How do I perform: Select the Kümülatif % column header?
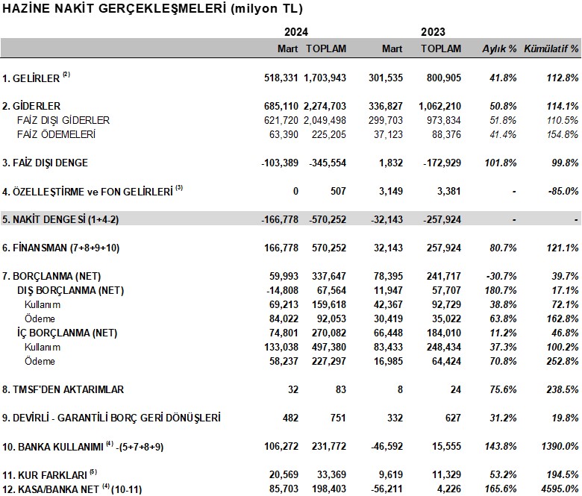(x=551, y=48)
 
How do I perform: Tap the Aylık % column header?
(x=499, y=48)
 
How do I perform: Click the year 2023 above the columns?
(x=433, y=32)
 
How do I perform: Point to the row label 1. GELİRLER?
(x=31, y=78)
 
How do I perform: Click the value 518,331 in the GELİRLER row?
(x=281, y=78)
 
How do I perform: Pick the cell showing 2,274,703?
(x=325, y=106)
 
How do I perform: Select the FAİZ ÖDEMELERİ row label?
(x=56, y=134)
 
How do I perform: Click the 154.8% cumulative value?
(x=563, y=134)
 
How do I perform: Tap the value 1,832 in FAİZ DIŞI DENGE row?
(x=391, y=163)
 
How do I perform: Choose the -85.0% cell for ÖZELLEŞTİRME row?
(x=563, y=191)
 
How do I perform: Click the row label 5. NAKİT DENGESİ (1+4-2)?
(x=60, y=219)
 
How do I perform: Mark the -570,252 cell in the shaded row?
(x=328, y=219)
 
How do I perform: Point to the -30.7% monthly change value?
(x=501, y=277)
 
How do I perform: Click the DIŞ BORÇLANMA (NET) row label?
(x=71, y=290)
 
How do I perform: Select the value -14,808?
(x=283, y=290)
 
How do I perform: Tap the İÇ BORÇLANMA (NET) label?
(x=67, y=333)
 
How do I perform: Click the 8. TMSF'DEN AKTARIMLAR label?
(x=63, y=389)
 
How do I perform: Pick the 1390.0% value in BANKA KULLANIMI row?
(x=560, y=446)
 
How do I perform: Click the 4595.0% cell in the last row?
(x=560, y=489)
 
